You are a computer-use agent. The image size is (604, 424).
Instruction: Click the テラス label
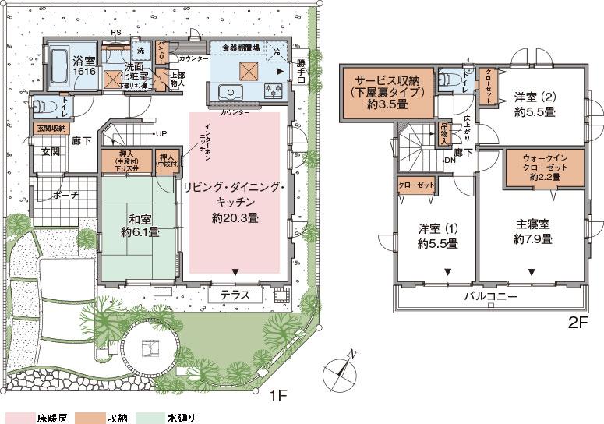click(x=235, y=296)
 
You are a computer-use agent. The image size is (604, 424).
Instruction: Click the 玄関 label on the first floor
click(x=47, y=151)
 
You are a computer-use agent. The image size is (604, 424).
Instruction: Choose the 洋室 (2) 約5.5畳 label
click(x=534, y=104)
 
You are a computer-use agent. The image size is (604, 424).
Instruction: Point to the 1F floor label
click(x=278, y=397)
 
